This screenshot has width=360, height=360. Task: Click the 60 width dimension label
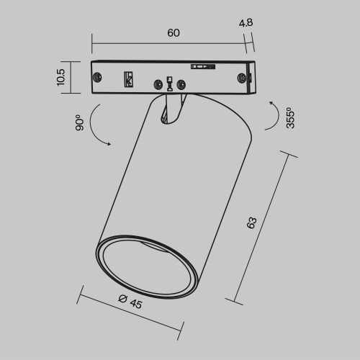[173, 33]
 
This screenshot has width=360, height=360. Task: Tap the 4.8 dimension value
[246, 22]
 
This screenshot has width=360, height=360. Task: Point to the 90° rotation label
[79, 122]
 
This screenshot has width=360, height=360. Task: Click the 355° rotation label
[290, 118]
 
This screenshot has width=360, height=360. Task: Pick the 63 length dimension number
[251, 223]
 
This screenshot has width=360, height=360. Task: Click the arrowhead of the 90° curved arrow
[109, 144]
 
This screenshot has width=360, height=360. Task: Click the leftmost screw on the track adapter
[98, 77]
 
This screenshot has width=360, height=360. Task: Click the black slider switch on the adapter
[202, 67]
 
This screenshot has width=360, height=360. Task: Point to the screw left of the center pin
[156, 85]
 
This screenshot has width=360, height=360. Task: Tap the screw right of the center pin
[181, 85]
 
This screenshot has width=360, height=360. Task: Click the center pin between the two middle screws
[169, 83]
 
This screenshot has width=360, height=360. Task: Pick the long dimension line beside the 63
[261, 228]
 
